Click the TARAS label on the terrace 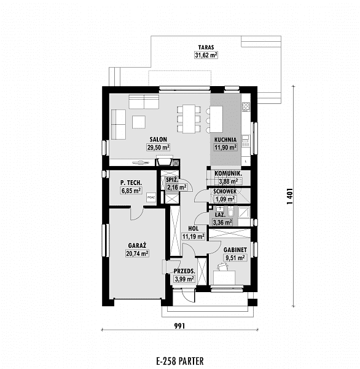point(206,47)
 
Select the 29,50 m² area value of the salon point(158,148)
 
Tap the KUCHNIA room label point(225,140)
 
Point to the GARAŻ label point(138,245)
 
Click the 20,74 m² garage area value point(138,253)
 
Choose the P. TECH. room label point(131,183)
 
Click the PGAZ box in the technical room point(151,197)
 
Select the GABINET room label point(235,250)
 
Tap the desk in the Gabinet point(224,278)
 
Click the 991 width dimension point(179,326)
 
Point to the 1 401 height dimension point(290,196)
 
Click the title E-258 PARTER point(180,361)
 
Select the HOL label point(194,229)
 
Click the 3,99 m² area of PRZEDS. point(184,279)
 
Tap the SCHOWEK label point(225,191)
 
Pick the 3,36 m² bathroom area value point(222,223)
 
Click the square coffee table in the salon point(138,122)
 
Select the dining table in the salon point(189,119)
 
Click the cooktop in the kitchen point(246,107)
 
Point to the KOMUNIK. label point(228,173)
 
